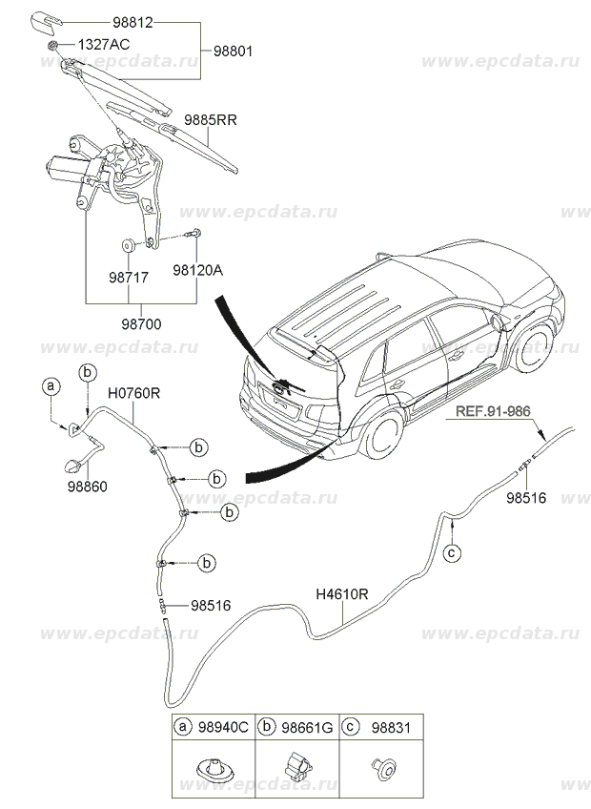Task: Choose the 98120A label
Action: [x=197, y=271]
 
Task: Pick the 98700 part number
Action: [x=140, y=323]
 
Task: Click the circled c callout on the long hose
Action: [x=453, y=551]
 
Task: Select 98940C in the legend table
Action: [x=223, y=728]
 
